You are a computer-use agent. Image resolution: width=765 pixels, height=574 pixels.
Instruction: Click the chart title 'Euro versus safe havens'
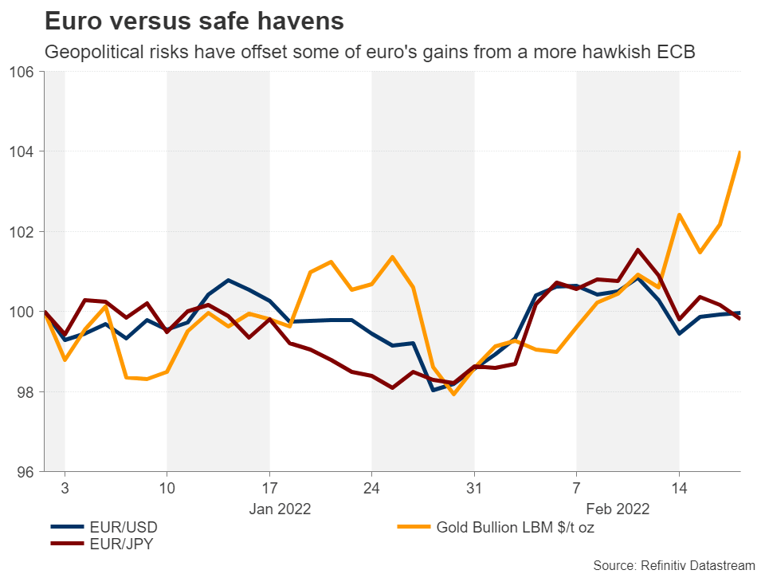194,22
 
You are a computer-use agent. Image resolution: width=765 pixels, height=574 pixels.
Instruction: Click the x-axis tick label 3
65,486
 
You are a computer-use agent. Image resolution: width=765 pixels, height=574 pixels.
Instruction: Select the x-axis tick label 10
167,486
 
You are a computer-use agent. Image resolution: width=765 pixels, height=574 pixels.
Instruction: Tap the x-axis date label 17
269,486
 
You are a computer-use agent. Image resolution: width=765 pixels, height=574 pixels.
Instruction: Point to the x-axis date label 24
371,486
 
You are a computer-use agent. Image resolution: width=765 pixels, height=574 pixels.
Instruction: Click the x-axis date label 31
474,486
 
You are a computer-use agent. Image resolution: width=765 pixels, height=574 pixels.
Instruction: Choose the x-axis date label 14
679,486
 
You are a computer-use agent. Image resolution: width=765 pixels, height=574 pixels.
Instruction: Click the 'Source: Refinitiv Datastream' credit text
673,564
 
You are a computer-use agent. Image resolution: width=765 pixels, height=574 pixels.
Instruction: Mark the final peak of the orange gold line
740,152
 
